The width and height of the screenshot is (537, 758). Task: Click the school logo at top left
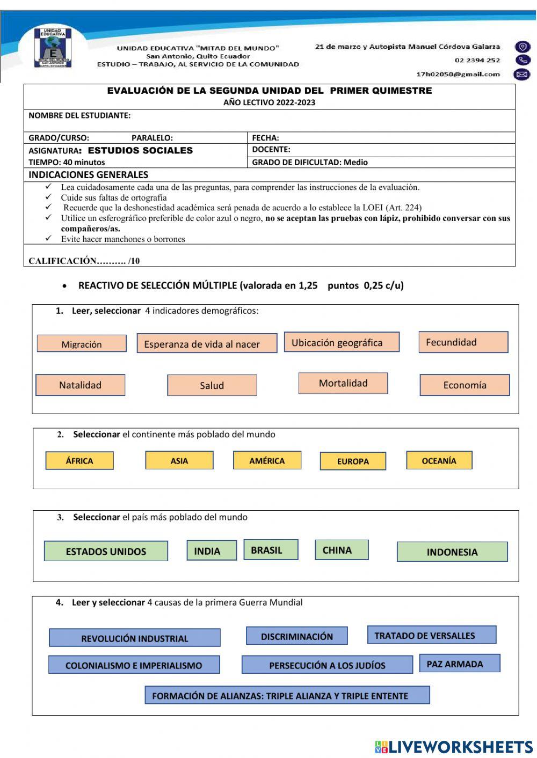[x=53, y=48]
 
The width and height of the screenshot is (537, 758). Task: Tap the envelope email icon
[x=522, y=75]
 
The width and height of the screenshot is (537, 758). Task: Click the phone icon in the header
[x=522, y=61]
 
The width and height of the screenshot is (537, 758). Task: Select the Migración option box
[x=82, y=344]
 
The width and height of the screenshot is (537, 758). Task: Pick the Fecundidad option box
[x=463, y=342]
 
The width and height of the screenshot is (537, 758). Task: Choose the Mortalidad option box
[x=343, y=383]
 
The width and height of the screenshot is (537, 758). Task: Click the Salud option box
[x=212, y=385]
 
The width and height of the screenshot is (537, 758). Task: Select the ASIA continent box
[x=179, y=460]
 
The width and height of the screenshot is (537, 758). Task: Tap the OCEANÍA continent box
[x=439, y=460]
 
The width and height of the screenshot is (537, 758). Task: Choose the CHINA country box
[x=342, y=550]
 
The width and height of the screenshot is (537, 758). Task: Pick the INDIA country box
[x=212, y=550]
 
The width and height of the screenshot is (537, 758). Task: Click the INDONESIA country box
[x=452, y=551]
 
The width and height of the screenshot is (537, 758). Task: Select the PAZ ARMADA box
[x=459, y=664]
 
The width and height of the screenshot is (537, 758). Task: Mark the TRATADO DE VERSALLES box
[x=431, y=635]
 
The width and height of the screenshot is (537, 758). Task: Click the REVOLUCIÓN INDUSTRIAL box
[x=134, y=638]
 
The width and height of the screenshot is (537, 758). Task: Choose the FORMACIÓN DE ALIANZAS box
[x=287, y=695]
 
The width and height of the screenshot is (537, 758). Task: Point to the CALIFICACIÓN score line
[x=84, y=261]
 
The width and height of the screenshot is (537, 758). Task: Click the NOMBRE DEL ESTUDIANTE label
[x=79, y=115]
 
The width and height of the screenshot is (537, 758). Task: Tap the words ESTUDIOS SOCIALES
[x=140, y=151]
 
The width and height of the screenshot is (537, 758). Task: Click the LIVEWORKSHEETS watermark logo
[x=454, y=746]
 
